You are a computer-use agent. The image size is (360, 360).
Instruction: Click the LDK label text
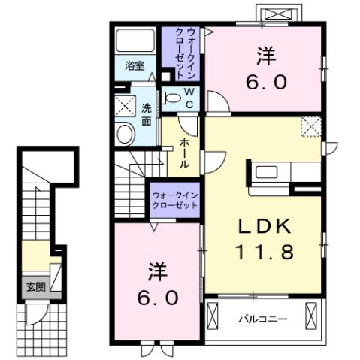pos(264,227)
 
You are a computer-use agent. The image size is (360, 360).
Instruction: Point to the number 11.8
pos(264,252)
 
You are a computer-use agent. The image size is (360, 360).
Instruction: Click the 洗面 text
pos(147,113)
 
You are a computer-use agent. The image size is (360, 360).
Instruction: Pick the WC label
pos(189,96)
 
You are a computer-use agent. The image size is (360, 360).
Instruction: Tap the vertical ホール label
pos(184,153)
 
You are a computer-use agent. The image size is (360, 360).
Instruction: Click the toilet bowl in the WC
pos(171,96)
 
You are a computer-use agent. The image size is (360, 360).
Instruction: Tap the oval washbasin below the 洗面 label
pos(125,134)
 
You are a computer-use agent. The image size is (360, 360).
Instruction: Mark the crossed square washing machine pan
pos(125,104)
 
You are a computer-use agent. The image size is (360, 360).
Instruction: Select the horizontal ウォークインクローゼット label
pos(174,199)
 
